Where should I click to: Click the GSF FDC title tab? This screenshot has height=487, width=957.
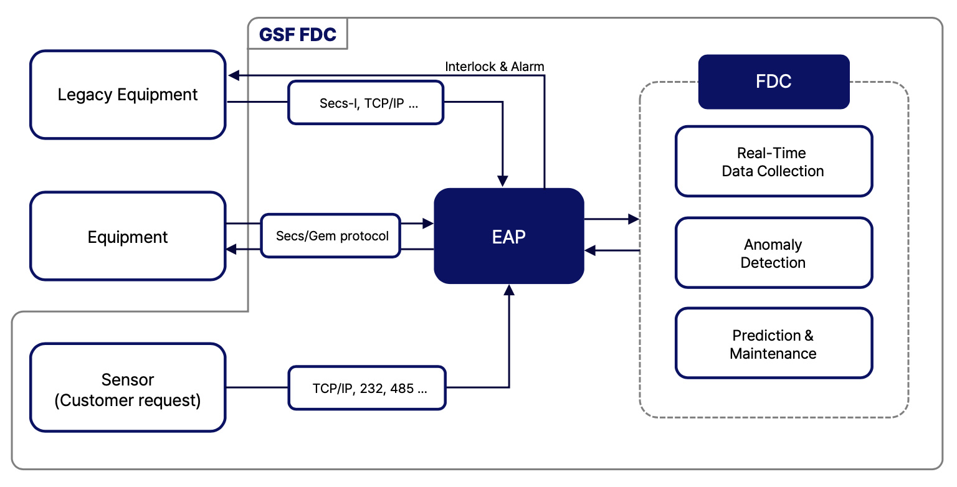(298, 34)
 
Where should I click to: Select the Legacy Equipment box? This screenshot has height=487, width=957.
(128, 95)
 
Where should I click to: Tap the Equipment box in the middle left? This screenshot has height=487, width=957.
(128, 236)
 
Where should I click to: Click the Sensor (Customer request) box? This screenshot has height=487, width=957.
(128, 387)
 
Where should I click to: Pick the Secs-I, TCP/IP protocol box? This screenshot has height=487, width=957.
(366, 103)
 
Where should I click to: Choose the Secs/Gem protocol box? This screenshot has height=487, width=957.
(331, 236)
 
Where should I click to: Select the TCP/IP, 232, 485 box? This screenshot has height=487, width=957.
(367, 388)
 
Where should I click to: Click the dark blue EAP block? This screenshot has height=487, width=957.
(509, 236)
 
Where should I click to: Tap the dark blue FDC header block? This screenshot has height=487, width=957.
(774, 82)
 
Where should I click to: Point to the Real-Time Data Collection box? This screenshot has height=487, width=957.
(774, 161)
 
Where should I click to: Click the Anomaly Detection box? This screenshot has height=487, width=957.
(774, 253)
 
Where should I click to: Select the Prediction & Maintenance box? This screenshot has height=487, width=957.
(774, 344)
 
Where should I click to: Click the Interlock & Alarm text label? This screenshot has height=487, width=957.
(494, 67)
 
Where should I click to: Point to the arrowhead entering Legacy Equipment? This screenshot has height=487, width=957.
(234, 75)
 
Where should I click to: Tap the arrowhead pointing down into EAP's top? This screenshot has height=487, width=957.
(503, 181)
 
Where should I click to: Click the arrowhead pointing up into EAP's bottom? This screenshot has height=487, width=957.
(509, 290)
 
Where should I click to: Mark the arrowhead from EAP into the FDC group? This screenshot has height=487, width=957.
(634, 219)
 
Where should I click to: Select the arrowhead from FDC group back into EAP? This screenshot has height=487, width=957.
(591, 250)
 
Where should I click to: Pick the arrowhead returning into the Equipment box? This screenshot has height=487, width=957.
(232, 249)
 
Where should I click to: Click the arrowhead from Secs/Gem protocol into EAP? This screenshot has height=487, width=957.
(427, 223)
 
